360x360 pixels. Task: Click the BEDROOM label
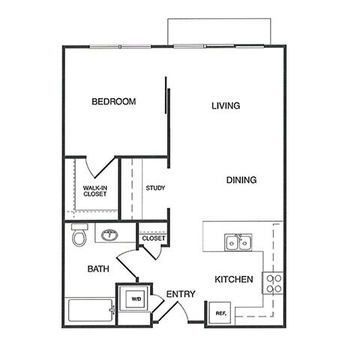click(x=113, y=102)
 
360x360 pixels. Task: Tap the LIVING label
click(x=225, y=106)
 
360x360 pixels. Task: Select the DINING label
click(x=241, y=180)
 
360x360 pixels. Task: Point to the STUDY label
click(x=155, y=188)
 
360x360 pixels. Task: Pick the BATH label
click(x=98, y=268)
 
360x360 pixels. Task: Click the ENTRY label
click(x=181, y=294)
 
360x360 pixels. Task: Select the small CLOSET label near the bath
click(x=154, y=238)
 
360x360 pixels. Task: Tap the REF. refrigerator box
click(x=220, y=313)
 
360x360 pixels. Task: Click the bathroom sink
click(x=109, y=234)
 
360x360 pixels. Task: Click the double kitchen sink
click(x=238, y=241)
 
